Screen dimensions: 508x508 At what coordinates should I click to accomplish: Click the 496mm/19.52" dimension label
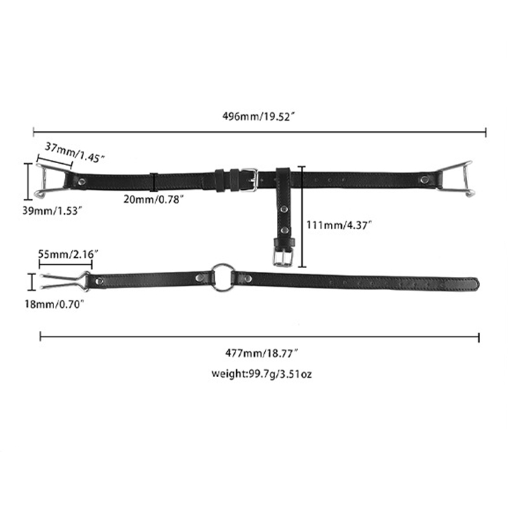(x=260, y=117)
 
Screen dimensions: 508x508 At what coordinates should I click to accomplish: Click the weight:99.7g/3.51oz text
(x=262, y=373)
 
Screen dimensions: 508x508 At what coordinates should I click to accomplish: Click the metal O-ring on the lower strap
(x=224, y=277)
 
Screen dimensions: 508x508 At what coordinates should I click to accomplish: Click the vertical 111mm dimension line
(x=302, y=216)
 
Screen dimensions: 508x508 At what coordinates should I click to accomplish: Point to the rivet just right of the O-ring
(x=246, y=277)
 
